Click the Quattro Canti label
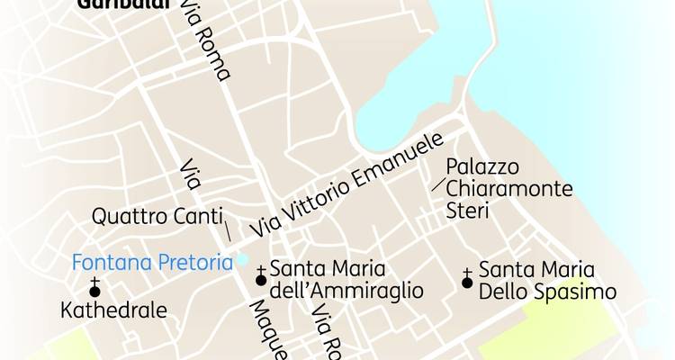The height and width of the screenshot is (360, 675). pos(152,218)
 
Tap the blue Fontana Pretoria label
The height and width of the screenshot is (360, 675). pos(150,264)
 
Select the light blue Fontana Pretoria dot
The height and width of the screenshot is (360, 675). pos(242,260)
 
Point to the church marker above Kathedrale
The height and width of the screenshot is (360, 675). pos(94,288)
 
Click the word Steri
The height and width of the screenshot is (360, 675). pos(467,211)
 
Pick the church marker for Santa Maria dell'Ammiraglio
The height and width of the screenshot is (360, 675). pos(261,277)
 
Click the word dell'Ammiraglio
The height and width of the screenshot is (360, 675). pos(346,291)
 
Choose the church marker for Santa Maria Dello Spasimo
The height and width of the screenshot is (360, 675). pos(467,280)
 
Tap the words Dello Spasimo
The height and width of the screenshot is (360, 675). pos(546,292)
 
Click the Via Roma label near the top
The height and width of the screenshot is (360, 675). pos(205,40)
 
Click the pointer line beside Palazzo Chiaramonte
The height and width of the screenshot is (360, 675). pos(438,184)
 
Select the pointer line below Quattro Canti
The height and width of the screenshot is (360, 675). pos(226,230)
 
